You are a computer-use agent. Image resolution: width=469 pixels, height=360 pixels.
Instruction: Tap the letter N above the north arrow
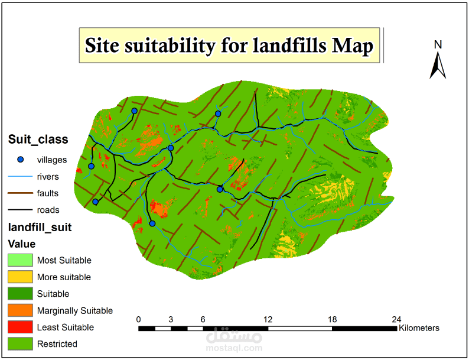tap(438, 44)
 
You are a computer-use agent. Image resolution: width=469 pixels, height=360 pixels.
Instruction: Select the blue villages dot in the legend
tap(20, 159)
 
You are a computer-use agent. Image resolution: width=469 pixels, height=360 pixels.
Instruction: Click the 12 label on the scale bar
tap(268, 319)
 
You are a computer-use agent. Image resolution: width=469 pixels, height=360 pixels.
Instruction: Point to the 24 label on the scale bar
tap(396, 319)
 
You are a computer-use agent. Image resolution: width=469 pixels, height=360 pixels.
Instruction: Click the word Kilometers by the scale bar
tap(419, 327)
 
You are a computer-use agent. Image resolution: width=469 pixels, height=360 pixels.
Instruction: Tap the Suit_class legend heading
tap(38, 140)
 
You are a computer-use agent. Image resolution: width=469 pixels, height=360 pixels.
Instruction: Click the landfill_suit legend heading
tap(40, 227)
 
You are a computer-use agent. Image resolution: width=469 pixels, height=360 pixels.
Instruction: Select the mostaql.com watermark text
tap(234, 349)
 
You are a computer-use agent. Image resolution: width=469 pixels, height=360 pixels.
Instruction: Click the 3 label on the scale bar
tap(171, 319)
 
